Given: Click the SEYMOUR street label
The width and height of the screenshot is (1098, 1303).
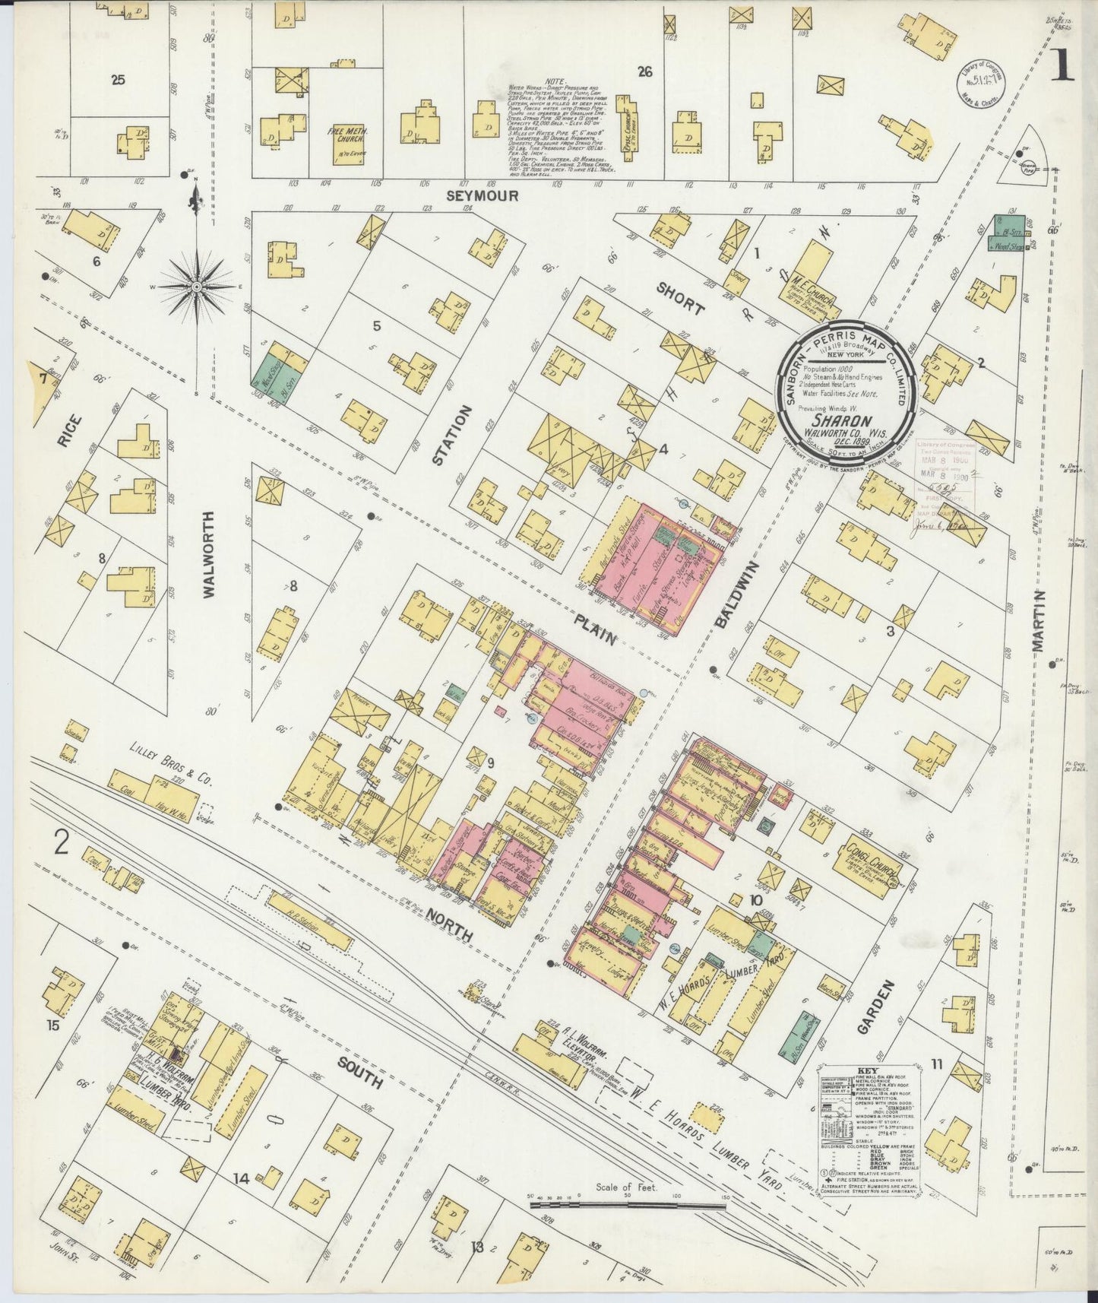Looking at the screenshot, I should [482, 196].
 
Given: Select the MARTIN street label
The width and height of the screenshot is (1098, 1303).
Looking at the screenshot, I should [1039, 620].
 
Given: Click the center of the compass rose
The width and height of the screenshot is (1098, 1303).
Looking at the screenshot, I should [197, 287].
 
